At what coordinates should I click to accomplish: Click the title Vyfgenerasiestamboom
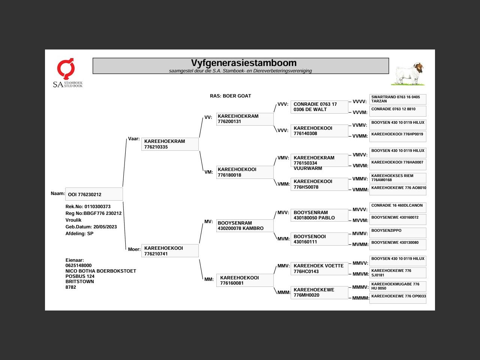244,63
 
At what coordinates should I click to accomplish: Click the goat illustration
408,73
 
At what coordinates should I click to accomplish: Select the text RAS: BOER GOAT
230,96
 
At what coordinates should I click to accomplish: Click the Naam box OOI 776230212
94,194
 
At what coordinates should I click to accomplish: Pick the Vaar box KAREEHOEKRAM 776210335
170,144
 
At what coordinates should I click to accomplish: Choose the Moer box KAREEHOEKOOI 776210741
170,251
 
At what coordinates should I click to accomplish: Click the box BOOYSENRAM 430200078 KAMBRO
245,226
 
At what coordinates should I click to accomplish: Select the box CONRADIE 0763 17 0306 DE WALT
319,107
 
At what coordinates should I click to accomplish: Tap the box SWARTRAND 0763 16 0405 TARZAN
398,99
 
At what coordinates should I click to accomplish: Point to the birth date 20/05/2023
105,226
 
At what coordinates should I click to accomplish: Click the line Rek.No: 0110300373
88,206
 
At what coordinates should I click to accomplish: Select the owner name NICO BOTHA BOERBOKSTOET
100,271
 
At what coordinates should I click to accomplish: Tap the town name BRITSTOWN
79,282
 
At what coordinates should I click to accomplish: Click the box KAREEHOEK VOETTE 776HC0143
319,268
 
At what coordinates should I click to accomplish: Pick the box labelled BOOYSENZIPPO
398,233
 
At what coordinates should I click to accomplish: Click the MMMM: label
360,298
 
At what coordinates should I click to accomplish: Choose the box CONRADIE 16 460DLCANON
398,208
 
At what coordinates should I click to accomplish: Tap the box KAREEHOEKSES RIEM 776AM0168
398,178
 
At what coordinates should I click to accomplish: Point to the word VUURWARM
307,168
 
